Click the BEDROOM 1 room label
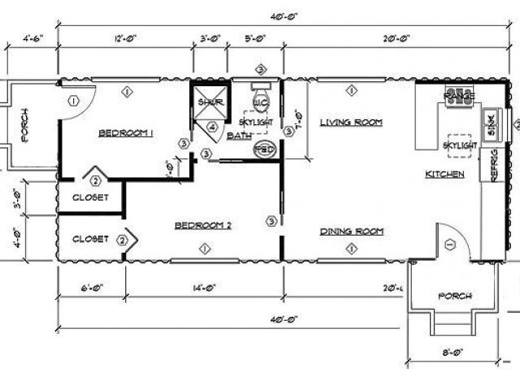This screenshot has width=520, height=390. click(126, 133)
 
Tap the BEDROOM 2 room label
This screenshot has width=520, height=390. click(203, 226)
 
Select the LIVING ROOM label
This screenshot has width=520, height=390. click(350, 123)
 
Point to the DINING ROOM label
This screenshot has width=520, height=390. click(351, 232)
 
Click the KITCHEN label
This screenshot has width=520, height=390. click(444, 175)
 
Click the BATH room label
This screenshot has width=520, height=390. click(239, 136)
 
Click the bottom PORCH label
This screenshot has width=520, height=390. click(455, 296)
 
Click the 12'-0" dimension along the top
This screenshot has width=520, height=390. click(125, 37)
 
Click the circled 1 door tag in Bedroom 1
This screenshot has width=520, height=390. click(72, 101)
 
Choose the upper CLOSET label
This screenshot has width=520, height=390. click(90, 197)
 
